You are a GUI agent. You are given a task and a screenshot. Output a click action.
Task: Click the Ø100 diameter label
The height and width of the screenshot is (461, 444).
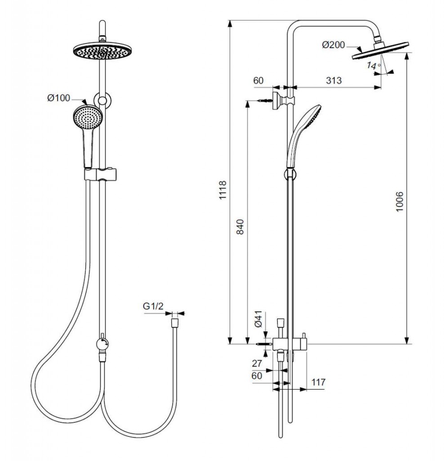click(x=59, y=98)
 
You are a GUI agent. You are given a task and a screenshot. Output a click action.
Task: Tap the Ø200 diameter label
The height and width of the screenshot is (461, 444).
click(x=333, y=45)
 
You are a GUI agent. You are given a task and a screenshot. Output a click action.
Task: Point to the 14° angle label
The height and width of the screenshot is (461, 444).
click(x=373, y=65)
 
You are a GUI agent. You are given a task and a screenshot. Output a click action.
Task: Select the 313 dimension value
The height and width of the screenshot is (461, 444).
click(x=334, y=80)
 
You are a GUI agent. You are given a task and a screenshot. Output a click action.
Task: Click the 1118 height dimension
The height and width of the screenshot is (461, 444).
click(x=223, y=190)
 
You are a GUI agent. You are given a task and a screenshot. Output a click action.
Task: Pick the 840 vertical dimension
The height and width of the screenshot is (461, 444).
click(x=240, y=227)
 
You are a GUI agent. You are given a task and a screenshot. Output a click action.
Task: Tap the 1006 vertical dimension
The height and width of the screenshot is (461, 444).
click(x=399, y=202)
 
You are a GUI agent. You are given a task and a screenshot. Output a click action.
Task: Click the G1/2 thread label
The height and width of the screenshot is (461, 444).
click(x=153, y=306)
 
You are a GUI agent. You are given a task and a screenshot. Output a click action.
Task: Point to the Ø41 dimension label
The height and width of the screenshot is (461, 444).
click(x=258, y=319)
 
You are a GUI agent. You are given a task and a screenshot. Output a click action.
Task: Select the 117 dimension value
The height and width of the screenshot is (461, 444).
click(x=318, y=382)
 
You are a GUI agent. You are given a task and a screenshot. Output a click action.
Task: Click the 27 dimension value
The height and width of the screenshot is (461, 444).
click(x=257, y=363)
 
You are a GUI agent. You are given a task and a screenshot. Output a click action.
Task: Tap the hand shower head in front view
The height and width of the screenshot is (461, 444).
click(x=87, y=118)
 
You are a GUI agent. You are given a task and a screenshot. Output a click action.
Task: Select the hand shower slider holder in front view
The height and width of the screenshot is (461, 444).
click(x=100, y=174)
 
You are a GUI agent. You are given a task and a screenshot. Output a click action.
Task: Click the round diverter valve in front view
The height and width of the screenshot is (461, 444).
click(x=102, y=344)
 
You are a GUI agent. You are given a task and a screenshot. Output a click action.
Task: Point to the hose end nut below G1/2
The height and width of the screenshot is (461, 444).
click(x=175, y=323)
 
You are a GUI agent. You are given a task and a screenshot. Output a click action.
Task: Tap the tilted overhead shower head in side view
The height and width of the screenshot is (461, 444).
click(x=380, y=50)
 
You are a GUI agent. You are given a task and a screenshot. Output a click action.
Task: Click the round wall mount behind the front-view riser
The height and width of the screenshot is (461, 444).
click(x=102, y=100)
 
